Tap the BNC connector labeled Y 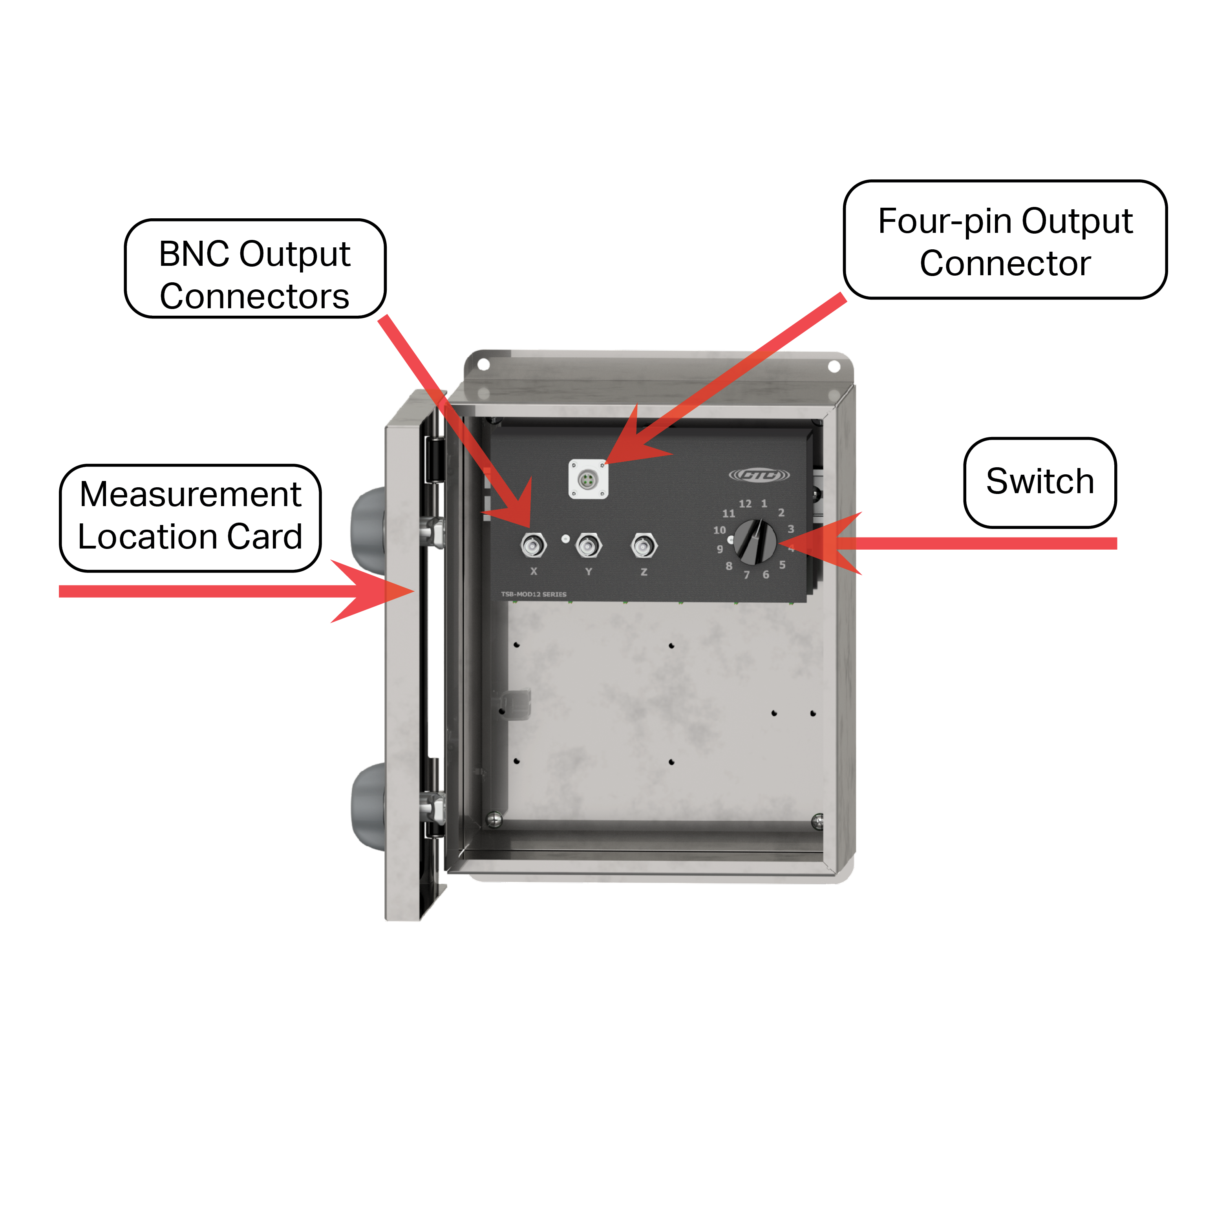[x=588, y=545]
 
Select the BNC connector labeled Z [x=644, y=545]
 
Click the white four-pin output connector [x=587, y=479]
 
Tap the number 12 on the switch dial [x=745, y=504]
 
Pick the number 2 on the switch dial [x=781, y=512]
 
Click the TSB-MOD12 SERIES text [x=534, y=594]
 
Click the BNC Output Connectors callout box [x=255, y=269]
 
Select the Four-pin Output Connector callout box [x=1005, y=240]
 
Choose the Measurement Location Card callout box [x=190, y=517]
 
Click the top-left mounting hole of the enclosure [x=483, y=364]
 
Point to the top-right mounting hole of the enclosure [x=834, y=366]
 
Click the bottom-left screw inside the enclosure [x=494, y=819]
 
